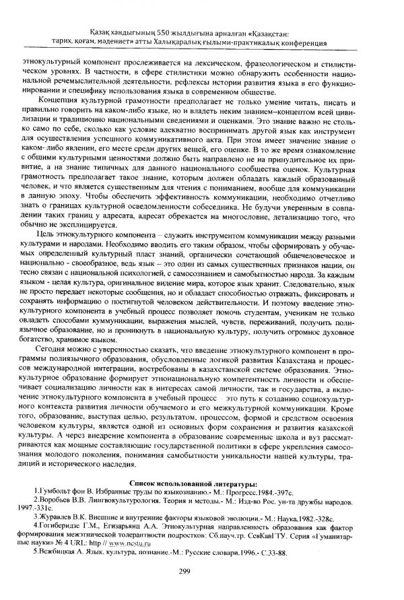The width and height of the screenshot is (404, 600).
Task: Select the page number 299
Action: pos(203,572)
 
